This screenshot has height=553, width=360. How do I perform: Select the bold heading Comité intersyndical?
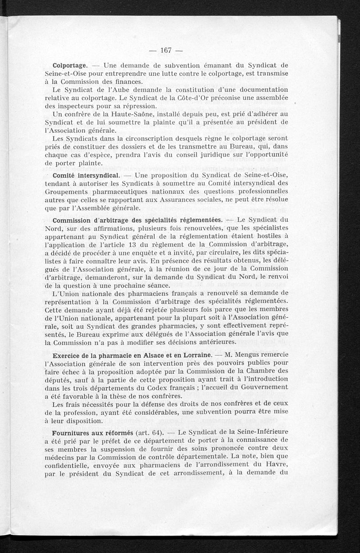86,174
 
